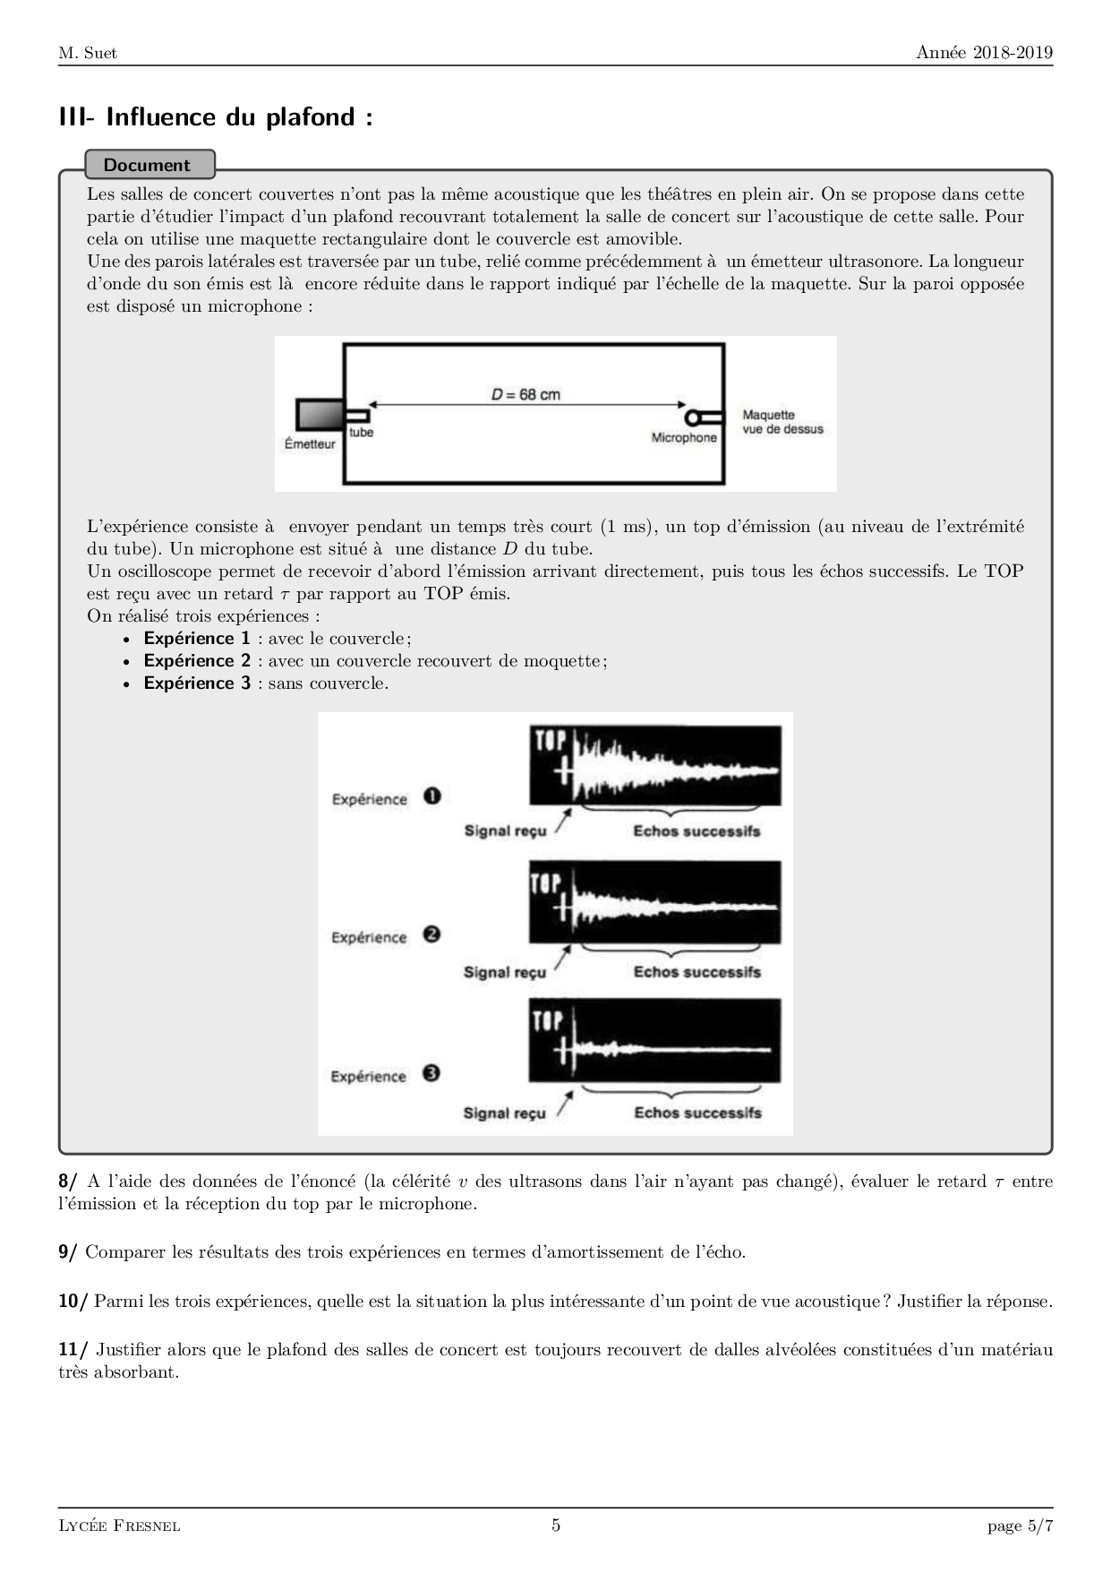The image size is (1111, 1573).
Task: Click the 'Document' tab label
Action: tap(147, 165)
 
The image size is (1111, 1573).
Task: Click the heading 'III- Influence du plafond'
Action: tap(215, 117)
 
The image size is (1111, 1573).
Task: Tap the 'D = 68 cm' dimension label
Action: tap(526, 394)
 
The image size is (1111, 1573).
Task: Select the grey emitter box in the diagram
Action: tap(319, 415)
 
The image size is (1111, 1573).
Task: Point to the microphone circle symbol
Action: tap(692, 417)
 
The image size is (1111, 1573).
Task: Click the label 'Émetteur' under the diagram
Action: tap(310, 444)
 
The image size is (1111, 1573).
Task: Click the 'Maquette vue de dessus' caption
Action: tap(782, 422)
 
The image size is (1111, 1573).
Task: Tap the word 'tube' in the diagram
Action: tap(362, 433)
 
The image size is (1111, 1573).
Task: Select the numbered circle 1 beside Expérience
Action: tap(432, 795)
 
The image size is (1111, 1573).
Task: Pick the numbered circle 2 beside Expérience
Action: tap(432, 934)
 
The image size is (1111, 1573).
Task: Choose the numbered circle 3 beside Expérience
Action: tap(432, 1073)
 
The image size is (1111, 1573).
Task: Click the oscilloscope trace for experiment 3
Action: tap(654, 1042)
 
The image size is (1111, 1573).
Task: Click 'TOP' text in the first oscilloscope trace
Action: tap(551, 741)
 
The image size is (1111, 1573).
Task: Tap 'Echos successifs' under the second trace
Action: tap(697, 972)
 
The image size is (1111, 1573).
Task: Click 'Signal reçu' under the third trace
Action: tap(504, 1113)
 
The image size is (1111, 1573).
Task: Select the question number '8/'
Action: tap(68, 1182)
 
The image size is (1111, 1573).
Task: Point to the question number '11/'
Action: tap(73, 1350)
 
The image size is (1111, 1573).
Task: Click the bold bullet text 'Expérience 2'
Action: tap(197, 661)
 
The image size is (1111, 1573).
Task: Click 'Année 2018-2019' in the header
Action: tap(984, 53)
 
